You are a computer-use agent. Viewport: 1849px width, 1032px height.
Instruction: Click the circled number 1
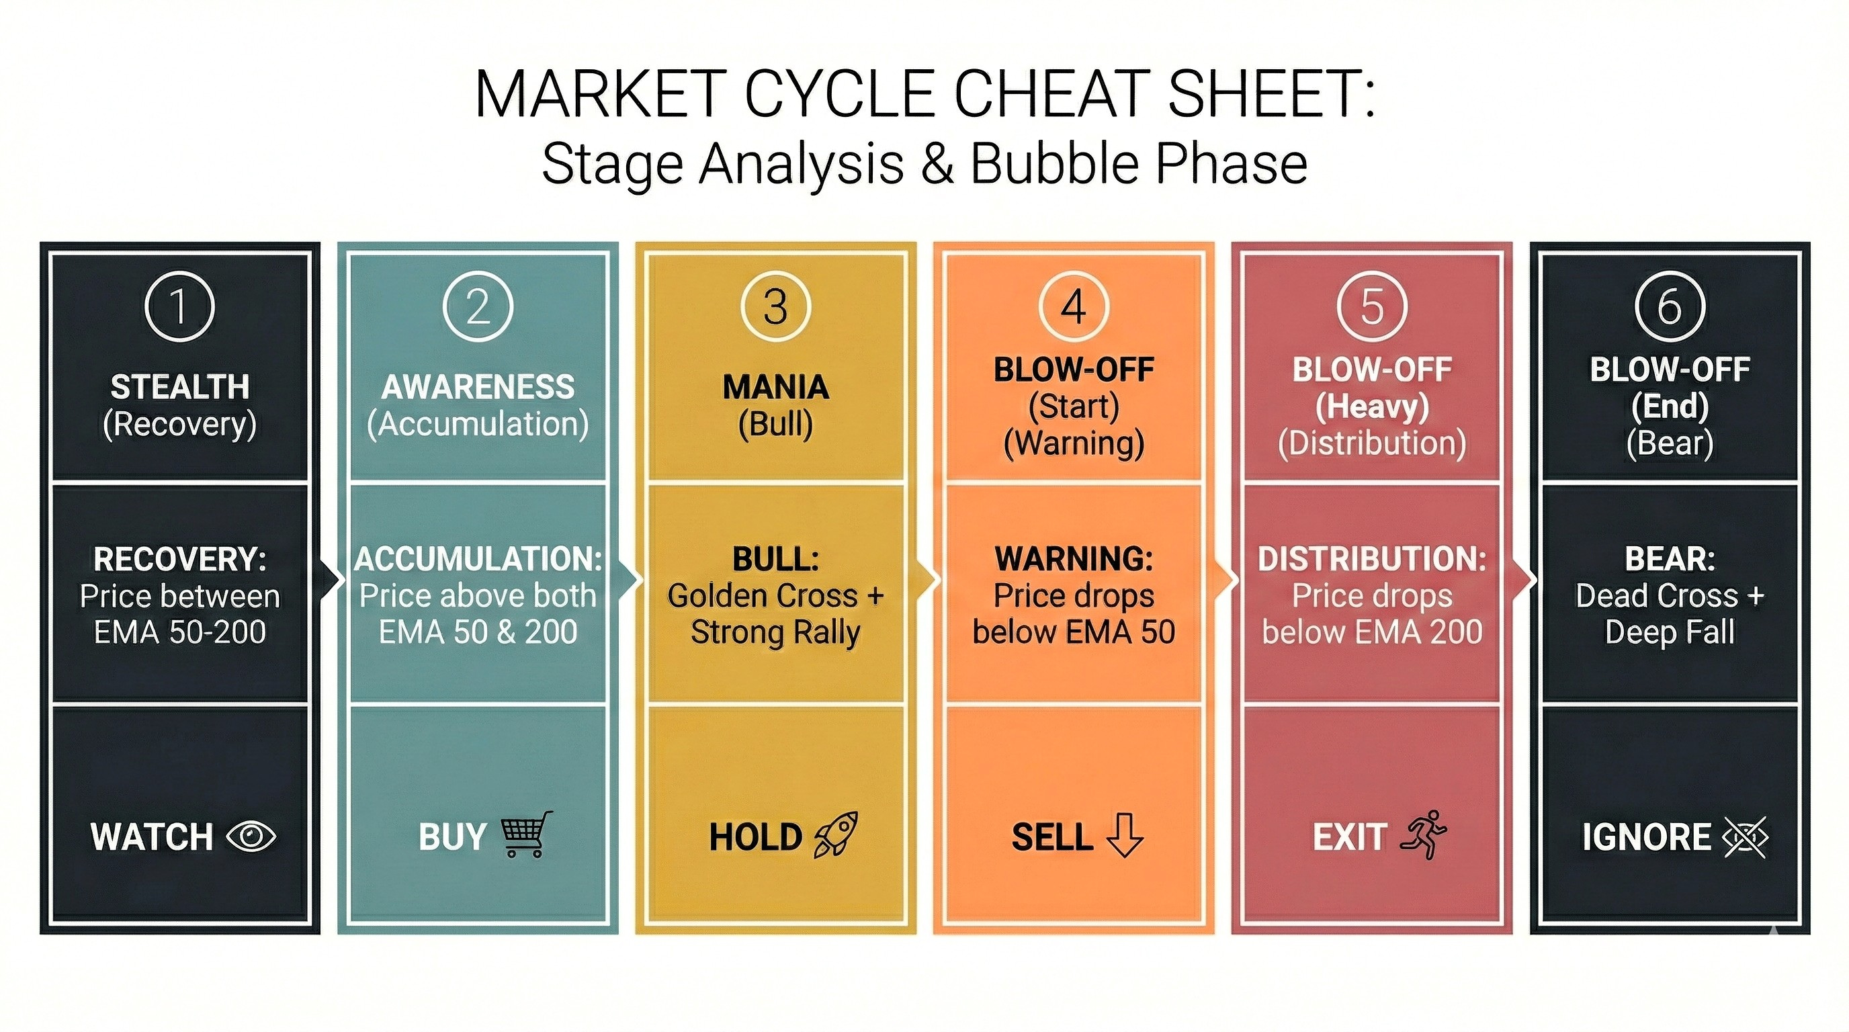[179, 307]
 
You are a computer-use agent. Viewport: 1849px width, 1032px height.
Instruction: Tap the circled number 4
[1074, 307]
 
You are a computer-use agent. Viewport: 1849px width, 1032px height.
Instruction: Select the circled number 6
[1670, 307]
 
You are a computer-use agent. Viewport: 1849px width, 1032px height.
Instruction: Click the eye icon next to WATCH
[251, 836]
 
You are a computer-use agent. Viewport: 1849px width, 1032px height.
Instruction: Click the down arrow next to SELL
[1124, 835]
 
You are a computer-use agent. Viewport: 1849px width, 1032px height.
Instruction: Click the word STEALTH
[179, 388]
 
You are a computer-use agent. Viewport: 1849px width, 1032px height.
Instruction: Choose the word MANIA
[776, 388]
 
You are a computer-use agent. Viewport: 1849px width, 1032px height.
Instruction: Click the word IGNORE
[1647, 836]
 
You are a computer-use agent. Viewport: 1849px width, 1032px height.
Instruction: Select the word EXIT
[1349, 836]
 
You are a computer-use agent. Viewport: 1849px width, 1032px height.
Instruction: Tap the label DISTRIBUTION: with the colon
[1372, 559]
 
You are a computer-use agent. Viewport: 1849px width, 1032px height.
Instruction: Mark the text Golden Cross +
[776, 596]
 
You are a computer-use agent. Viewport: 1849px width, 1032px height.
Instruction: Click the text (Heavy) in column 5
[1372, 406]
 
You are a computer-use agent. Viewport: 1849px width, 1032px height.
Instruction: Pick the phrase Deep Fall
[1670, 632]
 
